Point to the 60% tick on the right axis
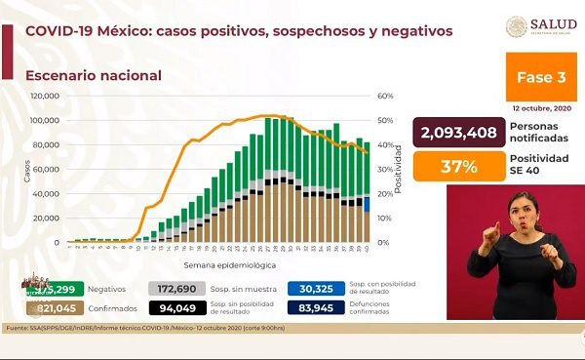(385, 97)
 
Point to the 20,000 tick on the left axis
(46, 218)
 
